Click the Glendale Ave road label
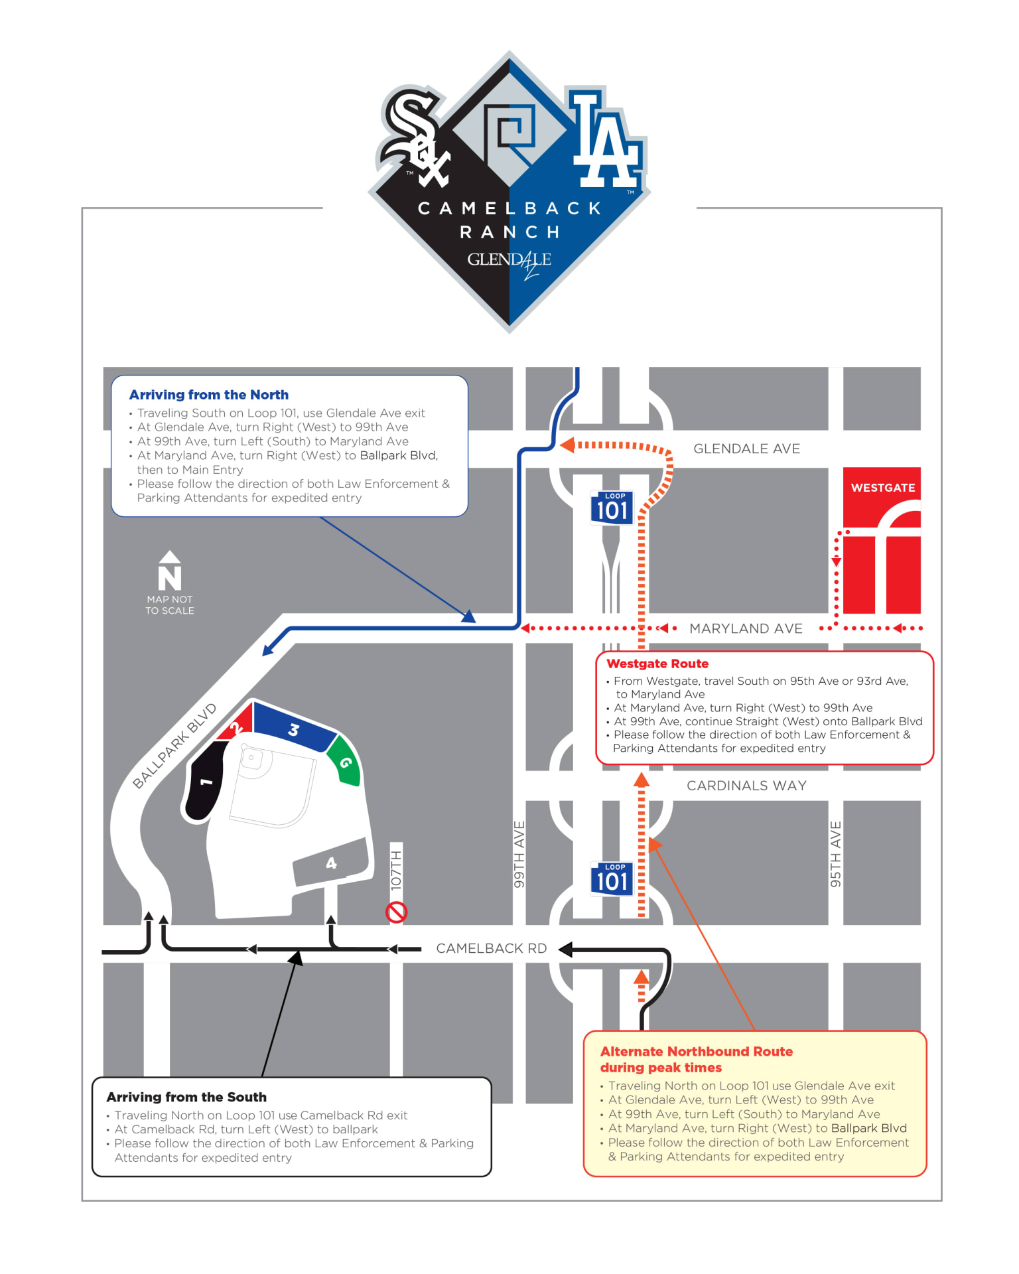[746, 449]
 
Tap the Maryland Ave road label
[746, 628]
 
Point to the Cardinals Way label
[746, 786]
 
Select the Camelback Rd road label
[491, 948]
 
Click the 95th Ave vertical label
[836, 854]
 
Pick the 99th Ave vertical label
[519, 854]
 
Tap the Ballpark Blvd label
[174, 746]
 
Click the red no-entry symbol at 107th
[396, 912]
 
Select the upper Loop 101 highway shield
[612, 508]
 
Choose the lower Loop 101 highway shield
[612, 879]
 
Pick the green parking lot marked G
[345, 762]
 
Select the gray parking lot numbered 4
[331, 863]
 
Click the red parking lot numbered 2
[237, 726]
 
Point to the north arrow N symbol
[170, 572]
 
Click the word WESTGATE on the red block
[882, 488]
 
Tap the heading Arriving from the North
[209, 395]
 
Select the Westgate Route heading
[657, 664]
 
